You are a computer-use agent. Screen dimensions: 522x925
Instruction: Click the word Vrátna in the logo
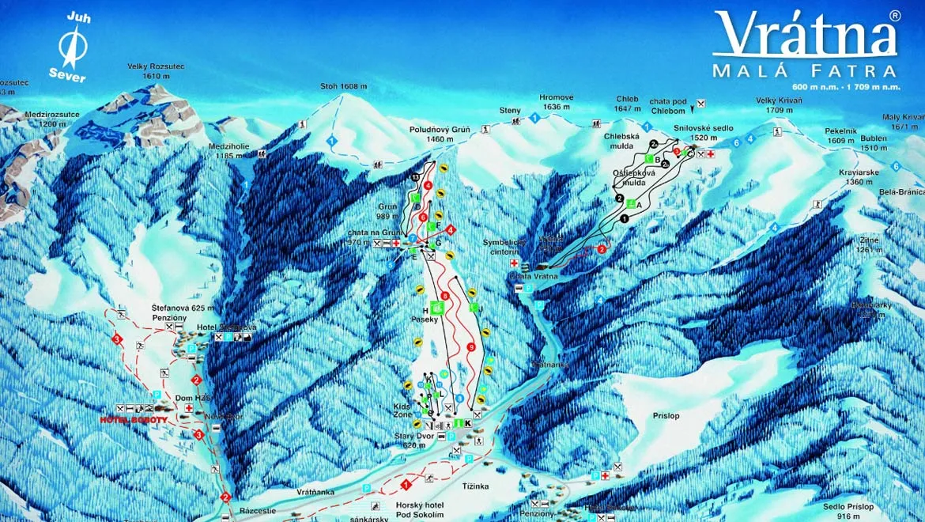(x=806, y=36)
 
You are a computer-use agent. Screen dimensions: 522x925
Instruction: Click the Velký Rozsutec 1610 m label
(x=156, y=71)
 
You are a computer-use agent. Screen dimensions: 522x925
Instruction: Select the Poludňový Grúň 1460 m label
(x=440, y=134)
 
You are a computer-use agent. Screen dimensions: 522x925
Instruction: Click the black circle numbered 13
(x=416, y=176)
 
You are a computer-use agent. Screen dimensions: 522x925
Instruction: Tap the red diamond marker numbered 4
(x=451, y=229)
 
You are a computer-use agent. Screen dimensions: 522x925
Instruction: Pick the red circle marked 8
(x=445, y=296)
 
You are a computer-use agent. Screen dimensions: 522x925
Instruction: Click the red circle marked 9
(x=471, y=346)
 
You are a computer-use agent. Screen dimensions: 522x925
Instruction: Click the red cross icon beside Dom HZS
(x=189, y=409)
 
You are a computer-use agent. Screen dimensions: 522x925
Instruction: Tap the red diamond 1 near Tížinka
(x=406, y=482)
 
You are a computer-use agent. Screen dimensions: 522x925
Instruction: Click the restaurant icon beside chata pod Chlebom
(x=700, y=103)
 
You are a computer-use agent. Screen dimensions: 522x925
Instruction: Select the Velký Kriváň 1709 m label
(x=779, y=105)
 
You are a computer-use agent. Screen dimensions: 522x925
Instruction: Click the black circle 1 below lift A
(x=625, y=217)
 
